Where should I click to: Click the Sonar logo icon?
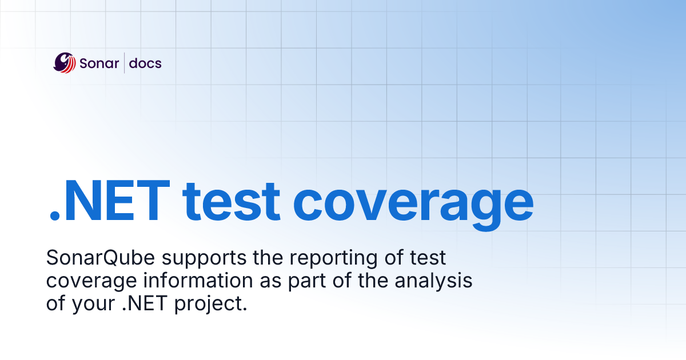click(65, 62)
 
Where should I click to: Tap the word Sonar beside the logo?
click(100, 63)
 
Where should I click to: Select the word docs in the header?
click(145, 63)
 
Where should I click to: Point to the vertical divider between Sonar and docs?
click(124, 63)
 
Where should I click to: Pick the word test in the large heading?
click(232, 203)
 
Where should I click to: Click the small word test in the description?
click(428, 259)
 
